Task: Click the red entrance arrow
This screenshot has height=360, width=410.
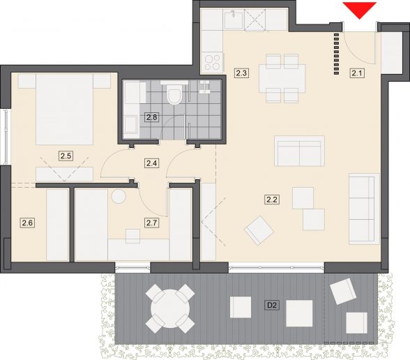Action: tap(360, 10)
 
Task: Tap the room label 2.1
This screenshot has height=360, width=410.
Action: tap(357, 73)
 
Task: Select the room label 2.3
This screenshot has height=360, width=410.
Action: tap(241, 73)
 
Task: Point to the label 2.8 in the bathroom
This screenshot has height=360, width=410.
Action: tap(152, 117)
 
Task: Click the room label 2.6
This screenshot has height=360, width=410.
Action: tap(27, 223)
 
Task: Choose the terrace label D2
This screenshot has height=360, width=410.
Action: tap(272, 305)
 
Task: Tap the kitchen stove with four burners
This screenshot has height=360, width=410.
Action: tap(212, 62)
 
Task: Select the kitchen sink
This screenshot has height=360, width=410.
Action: tap(234, 19)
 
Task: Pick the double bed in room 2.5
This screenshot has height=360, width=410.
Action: tap(64, 109)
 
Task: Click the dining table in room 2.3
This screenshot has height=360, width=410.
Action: tap(282, 78)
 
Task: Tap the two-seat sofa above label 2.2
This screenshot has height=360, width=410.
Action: tap(299, 151)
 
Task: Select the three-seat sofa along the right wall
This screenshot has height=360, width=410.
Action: tap(364, 209)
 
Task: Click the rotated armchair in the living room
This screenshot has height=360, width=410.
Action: tap(259, 230)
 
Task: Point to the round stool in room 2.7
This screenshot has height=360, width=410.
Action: tap(119, 196)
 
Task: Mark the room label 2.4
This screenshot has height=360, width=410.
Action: tap(152, 163)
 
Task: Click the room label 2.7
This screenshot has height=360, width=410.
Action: tap(152, 223)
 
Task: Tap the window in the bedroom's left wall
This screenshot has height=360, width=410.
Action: tap(6, 137)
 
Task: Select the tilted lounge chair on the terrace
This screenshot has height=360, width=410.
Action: tap(343, 291)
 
